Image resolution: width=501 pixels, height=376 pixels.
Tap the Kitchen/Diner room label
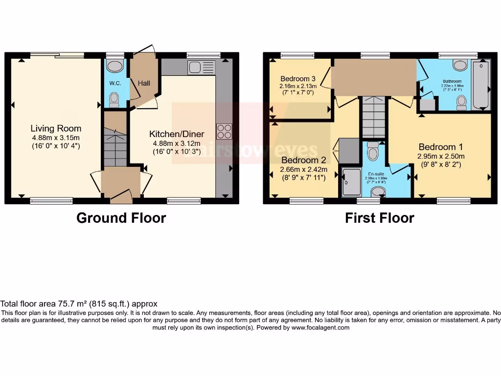point(177,134)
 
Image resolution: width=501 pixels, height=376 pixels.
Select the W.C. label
point(115,83)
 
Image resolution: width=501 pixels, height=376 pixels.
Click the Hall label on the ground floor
point(144,84)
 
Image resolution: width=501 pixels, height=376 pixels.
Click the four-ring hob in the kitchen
point(224,131)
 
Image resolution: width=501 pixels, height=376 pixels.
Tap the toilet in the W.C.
point(114,99)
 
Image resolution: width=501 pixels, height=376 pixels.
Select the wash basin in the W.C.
point(115,66)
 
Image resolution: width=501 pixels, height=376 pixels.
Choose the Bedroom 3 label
point(298,79)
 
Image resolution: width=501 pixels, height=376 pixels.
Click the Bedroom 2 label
point(303,160)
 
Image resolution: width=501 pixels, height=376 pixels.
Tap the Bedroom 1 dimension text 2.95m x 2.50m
point(440,157)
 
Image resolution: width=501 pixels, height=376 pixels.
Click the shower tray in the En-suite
point(351,183)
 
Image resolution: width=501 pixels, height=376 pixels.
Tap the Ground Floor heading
point(121,218)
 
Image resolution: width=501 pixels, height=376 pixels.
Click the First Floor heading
point(380,218)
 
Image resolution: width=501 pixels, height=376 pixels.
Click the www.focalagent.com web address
point(320,328)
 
